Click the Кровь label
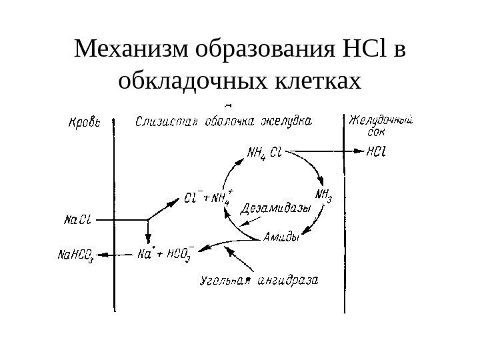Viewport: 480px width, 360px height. click(x=85, y=123)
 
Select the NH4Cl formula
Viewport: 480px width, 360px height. click(x=265, y=154)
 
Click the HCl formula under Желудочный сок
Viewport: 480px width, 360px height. click(x=378, y=151)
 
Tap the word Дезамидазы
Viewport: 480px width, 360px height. click(x=276, y=209)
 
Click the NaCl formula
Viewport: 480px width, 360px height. click(x=79, y=219)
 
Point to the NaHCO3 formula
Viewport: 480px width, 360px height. click(x=76, y=254)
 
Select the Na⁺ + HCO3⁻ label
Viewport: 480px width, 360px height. click(x=167, y=253)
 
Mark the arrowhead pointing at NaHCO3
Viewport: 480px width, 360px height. click(x=101, y=253)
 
